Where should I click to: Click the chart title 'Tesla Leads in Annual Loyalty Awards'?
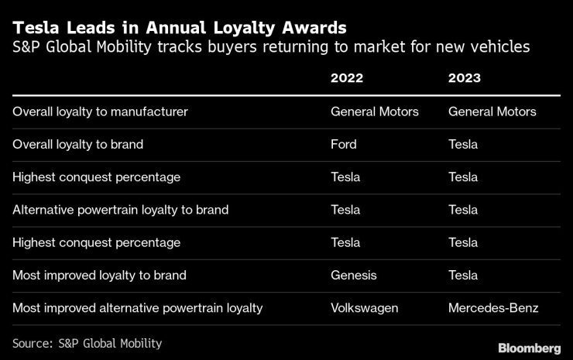179,28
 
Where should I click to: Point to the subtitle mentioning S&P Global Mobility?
271,47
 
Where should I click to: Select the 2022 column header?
347,78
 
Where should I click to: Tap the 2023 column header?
464,78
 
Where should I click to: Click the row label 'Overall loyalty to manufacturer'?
100,111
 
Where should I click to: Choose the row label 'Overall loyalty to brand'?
77,144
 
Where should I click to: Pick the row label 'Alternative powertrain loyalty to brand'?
120,210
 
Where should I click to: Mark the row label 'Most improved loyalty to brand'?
99,275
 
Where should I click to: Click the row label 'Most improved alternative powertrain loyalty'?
137,308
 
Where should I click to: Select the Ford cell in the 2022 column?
344,144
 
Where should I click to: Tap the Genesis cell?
354,275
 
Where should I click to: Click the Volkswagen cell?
364,308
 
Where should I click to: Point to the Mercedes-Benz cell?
493,308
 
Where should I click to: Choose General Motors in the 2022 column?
375,111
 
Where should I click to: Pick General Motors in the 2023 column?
492,111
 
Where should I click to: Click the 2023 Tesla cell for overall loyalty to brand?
463,144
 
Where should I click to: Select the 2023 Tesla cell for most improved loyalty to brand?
463,275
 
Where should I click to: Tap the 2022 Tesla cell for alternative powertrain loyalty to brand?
345,210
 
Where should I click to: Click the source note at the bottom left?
87,343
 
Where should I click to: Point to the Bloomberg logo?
529,348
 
